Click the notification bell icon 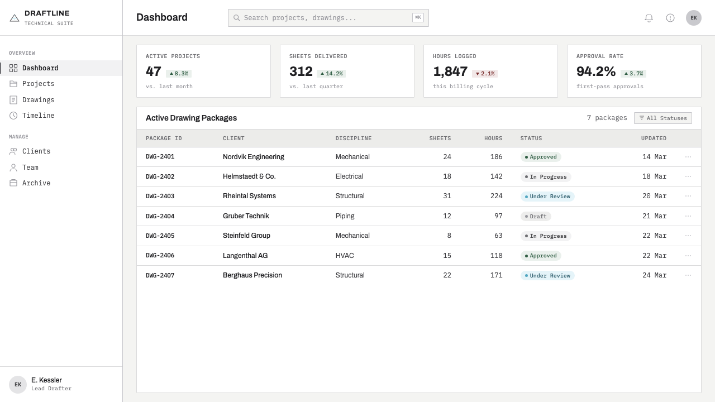pyautogui.click(x=649, y=18)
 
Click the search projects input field pyautogui.click(x=328, y=18)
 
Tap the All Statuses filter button pyautogui.click(x=662, y=118)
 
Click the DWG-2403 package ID pyautogui.click(x=160, y=196)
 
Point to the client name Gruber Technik pyautogui.click(x=246, y=216)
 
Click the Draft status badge pyautogui.click(x=536, y=216)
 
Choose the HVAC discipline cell pyautogui.click(x=345, y=256)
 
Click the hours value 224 pyautogui.click(x=496, y=196)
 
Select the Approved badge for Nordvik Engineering pyautogui.click(x=541, y=157)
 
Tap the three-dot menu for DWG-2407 pyautogui.click(x=688, y=275)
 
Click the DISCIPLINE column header pyautogui.click(x=354, y=138)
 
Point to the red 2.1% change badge pyautogui.click(x=484, y=74)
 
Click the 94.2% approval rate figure pyautogui.click(x=595, y=71)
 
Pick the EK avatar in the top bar pyautogui.click(x=693, y=18)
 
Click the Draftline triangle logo pyautogui.click(x=15, y=18)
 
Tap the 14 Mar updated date pyautogui.click(x=654, y=157)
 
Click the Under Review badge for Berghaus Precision pyautogui.click(x=547, y=276)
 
